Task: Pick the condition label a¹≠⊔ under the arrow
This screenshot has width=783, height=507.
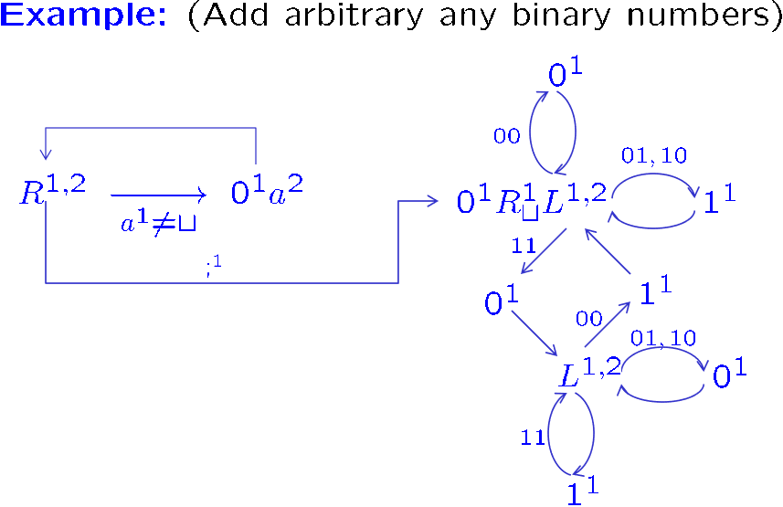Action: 160,222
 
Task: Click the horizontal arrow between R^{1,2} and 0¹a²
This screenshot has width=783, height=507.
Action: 160,194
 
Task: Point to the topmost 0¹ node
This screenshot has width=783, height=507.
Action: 565,73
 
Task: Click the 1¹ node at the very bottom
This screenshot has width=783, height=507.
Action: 582,491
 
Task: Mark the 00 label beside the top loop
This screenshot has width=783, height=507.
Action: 507,136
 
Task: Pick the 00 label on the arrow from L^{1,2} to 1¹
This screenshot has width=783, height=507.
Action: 589,318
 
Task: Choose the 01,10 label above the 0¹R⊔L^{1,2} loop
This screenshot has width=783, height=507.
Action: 653,156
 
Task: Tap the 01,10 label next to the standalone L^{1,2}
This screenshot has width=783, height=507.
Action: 663,339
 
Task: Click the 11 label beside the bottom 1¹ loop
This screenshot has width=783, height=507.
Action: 533,438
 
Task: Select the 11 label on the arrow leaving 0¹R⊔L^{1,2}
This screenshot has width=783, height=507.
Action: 524,245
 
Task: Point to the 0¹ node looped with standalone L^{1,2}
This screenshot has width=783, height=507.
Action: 729,374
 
